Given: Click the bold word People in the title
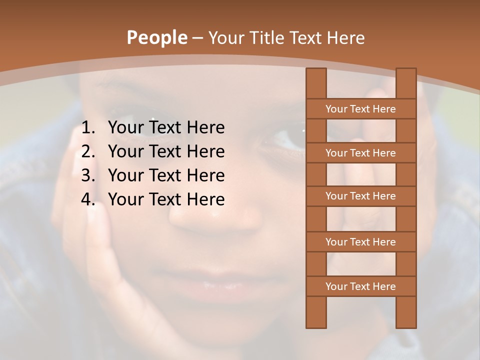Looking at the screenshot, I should [156, 37].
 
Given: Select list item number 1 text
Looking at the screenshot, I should [166, 127].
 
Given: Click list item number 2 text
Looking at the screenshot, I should [166, 151].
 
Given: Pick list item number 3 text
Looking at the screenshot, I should [166, 175].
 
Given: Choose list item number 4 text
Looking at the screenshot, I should [166, 199].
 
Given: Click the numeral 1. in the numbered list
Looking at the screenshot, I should [88, 127].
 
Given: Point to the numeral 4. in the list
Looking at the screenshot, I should [88, 199].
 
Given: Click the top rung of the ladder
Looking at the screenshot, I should [360, 109].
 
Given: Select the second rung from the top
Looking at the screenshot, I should [360, 153].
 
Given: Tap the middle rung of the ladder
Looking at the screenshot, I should [360, 196].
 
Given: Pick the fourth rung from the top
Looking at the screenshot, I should [360, 242].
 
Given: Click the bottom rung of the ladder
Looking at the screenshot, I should [360, 286].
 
